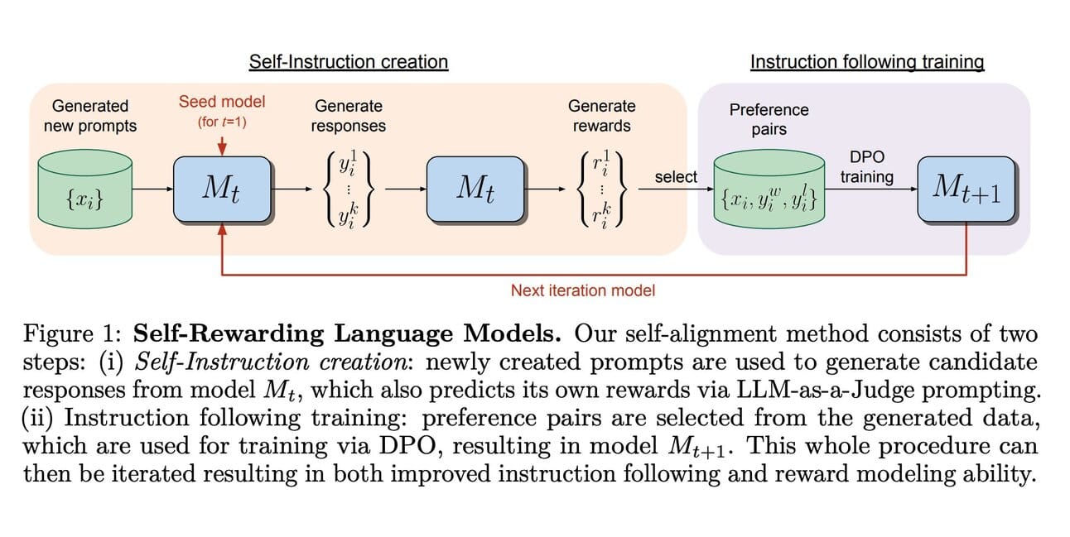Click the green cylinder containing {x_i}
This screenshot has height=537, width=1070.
click(85, 189)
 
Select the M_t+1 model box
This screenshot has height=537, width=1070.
click(966, 189)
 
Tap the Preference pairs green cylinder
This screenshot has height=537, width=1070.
click(769, 189)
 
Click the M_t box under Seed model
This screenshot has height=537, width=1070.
click(222, 189)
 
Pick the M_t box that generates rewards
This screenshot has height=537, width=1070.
click(475, 189)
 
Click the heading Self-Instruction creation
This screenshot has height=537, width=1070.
click(349, 62)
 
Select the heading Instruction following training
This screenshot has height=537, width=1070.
click(867, 62)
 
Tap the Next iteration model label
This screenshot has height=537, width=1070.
click(583, 290)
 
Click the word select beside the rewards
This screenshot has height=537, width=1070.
click(676, 177)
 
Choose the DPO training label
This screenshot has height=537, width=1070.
click(867, 166)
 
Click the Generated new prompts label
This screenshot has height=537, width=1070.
click(90, 116)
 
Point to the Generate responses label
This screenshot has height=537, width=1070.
click(348, 116)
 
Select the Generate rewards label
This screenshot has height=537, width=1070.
click(602, 116)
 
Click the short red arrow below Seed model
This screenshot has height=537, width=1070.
click(222, 146)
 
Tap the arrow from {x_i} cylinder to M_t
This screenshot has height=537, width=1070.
click(153, 189)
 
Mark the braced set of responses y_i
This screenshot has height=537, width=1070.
click(348, 189)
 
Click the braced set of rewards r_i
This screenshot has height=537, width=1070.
click(601, 189)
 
